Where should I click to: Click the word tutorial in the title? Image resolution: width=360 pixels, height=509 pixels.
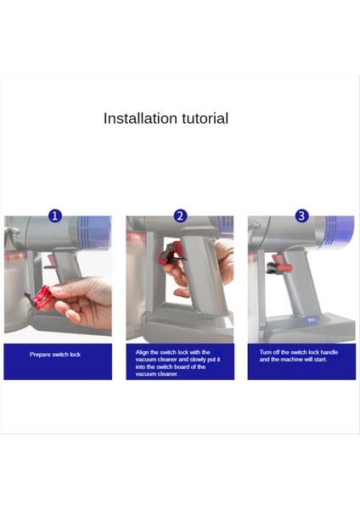coord(205,118)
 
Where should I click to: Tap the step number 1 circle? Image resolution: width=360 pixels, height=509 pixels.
coord(55,215)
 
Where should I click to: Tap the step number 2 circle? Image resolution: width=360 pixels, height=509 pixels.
coord(180,215)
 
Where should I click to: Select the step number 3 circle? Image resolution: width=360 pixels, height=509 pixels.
coord(301,215)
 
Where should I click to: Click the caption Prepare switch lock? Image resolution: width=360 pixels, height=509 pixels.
coord(55,354)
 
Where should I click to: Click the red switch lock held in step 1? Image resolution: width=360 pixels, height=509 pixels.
coord(42,297)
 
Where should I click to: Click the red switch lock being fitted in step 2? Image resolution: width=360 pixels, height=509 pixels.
coord(169,252)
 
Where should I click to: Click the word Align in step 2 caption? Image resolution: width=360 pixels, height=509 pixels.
coord(142,352)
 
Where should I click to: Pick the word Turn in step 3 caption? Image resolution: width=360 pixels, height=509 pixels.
coord(266,352)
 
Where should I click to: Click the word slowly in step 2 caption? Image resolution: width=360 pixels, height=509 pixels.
coord(198,360)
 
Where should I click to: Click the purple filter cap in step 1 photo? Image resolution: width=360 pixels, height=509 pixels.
coord(94,232)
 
